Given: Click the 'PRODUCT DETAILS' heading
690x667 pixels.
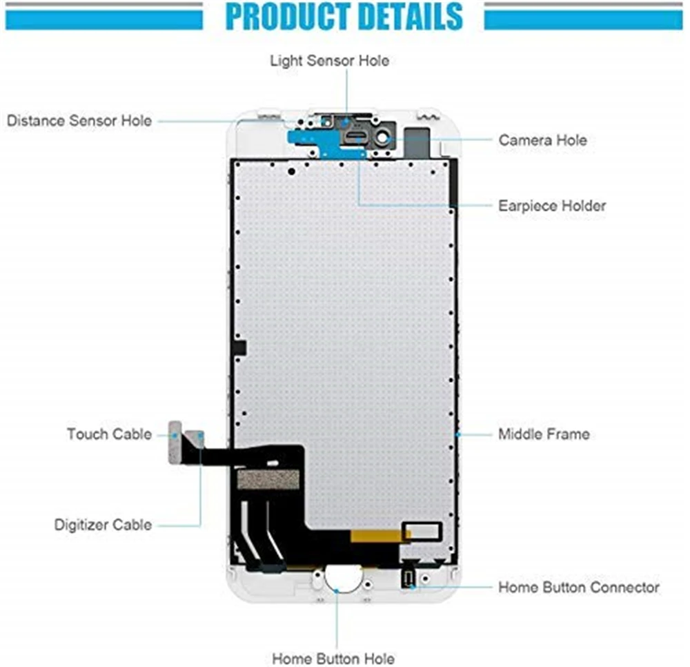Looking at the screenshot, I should pos(344,17).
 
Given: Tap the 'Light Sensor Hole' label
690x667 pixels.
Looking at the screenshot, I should pos(329,61).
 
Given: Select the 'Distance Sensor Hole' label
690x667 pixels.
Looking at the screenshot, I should pos(79,121).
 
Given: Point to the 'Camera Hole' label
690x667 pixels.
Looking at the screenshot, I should pos(542,140).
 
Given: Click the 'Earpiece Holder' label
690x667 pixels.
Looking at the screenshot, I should pos(552,206).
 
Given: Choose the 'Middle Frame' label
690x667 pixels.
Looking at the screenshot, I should pos(544,434).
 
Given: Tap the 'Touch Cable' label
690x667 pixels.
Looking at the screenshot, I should pos(109,434).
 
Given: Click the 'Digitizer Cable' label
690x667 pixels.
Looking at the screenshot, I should pos(102,525).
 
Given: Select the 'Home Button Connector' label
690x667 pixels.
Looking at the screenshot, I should pos(578,588).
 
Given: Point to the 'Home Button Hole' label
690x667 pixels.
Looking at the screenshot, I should pos(333,658).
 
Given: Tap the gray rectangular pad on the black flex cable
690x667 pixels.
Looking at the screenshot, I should pos(268,479).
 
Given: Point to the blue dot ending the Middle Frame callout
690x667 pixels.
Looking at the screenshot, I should pos(458,434).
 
